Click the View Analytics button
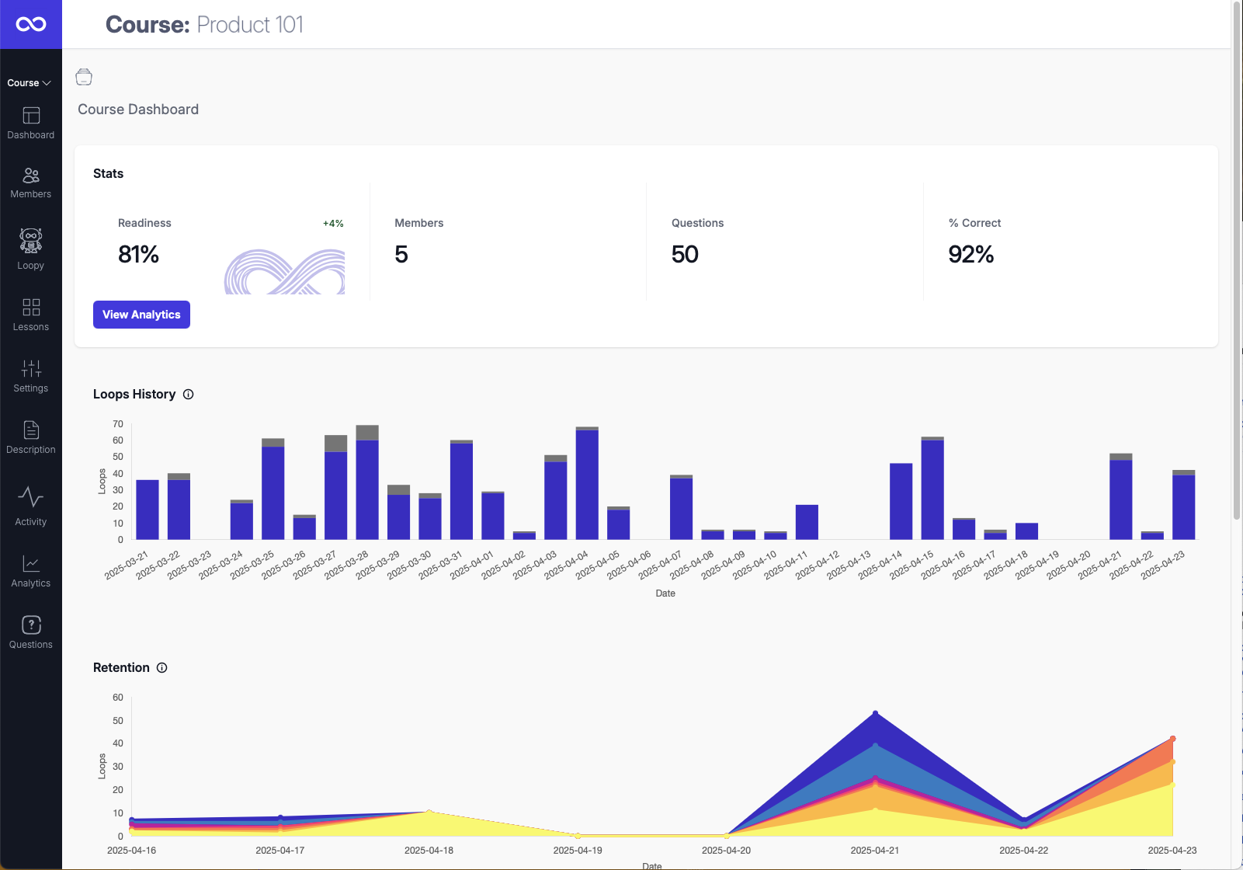click(141, 315)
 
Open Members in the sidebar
click(31, 183)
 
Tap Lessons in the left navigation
click(31, 315)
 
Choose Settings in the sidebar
click(31, 376)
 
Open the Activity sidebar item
click(31, 506)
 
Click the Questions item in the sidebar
click(31, 632)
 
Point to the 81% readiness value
click(139, 255)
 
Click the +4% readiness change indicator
click(333, 224)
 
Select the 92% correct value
click(970, 255)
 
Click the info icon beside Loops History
click(189, 395)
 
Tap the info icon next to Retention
click(162, 668)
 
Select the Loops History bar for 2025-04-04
click(587, 483)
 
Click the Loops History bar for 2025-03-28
click(367, 482)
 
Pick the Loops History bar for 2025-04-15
click(932, 489)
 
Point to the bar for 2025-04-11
click(807, 522)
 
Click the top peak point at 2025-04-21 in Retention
click(875, 713)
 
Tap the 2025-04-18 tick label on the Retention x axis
click(429, 851)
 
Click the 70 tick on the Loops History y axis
click(118, 424)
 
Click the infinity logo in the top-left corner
click(31, 24)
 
